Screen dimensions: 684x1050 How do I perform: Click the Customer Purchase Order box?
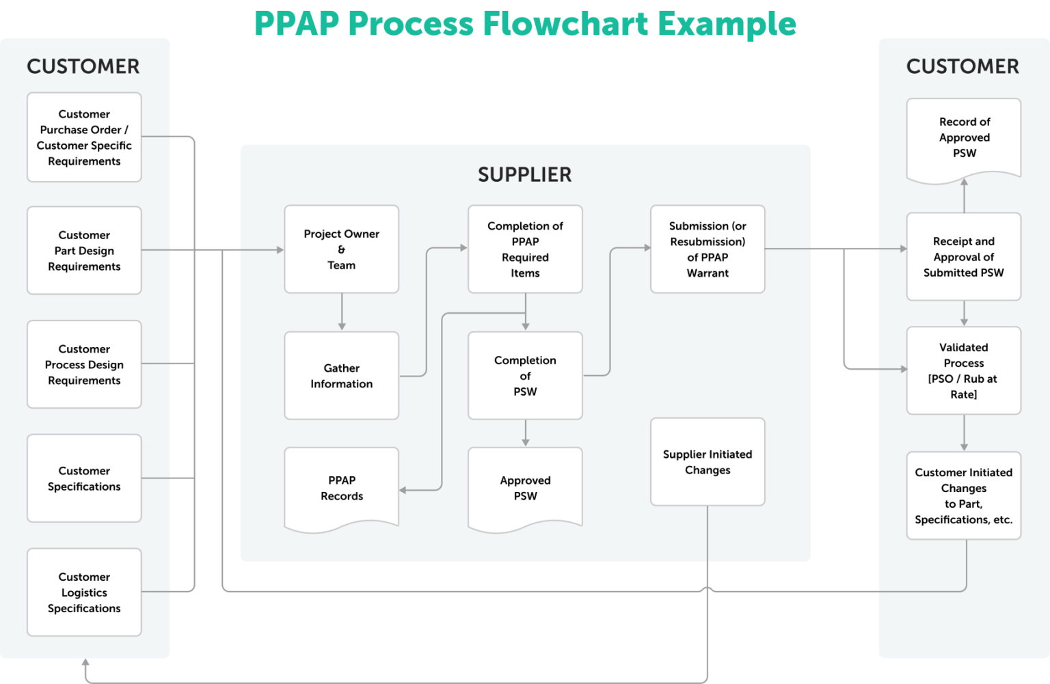[x=84, y=137]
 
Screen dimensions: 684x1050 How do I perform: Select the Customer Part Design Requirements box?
[x=84, y=251]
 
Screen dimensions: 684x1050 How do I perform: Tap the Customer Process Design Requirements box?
[x=84, y=365]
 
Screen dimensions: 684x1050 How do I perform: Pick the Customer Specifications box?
[x=84, y=478]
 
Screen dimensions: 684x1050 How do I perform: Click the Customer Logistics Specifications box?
[x=84, y=592]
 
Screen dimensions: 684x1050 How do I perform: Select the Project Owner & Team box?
[x=341, y=249]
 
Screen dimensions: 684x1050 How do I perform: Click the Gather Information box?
[x=341, y=376]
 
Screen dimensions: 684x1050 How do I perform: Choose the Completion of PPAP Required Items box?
[x=525, y=249]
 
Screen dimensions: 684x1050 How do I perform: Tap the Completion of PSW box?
[x=525, y=376]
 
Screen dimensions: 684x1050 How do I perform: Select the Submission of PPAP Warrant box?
[x=708, y=249]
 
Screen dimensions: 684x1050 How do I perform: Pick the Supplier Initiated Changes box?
[x=708, y=462]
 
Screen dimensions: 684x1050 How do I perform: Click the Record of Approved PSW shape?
[x=964, y=138]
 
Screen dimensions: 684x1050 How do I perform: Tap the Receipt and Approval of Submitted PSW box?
[x=964, y=257]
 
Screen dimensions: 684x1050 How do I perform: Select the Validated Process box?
[x=964, y=370]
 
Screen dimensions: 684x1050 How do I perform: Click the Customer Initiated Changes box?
[x=964, y=496]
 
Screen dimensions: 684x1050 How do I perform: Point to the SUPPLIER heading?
[x=524, y=175]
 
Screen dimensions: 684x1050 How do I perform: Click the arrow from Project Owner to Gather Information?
[x=342, y=312]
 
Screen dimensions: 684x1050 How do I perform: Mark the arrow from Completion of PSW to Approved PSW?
[x=525, y=433]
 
